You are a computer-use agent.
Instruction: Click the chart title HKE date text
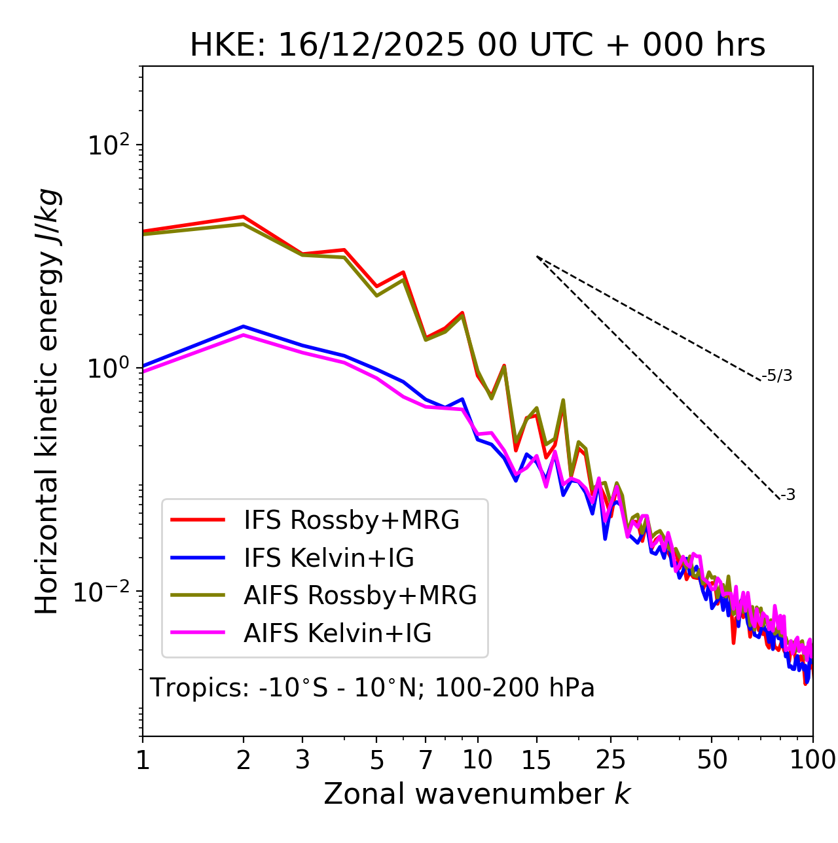477,45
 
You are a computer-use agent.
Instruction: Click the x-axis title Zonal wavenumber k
477,794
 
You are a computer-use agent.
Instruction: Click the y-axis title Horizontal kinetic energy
47,402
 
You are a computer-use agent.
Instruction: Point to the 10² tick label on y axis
107,146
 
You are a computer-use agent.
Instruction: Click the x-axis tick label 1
143,760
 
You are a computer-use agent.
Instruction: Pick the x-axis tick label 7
426,760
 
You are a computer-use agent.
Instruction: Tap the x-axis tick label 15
536,760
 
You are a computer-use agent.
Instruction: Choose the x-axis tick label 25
610,760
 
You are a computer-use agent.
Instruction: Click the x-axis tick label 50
712,760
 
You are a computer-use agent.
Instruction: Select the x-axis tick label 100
812,760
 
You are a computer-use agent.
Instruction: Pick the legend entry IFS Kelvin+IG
329,558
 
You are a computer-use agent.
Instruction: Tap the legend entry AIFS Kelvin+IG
338,634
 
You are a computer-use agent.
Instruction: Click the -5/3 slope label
777,376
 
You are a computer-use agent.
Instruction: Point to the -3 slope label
788,495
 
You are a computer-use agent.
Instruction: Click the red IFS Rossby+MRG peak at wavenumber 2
244,217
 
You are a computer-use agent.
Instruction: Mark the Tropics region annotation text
372,689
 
